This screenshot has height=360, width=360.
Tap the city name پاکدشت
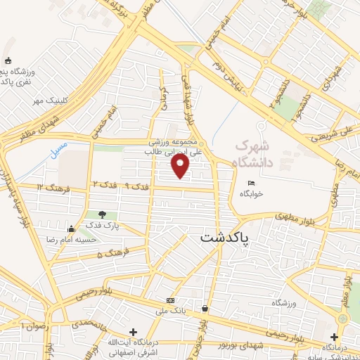click(x=224, y=238)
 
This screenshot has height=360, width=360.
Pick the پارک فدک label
click(x=103, y=226)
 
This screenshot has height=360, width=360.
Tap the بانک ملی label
click(x=169, y=310)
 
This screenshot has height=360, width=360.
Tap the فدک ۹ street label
click(x=139, y=186)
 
